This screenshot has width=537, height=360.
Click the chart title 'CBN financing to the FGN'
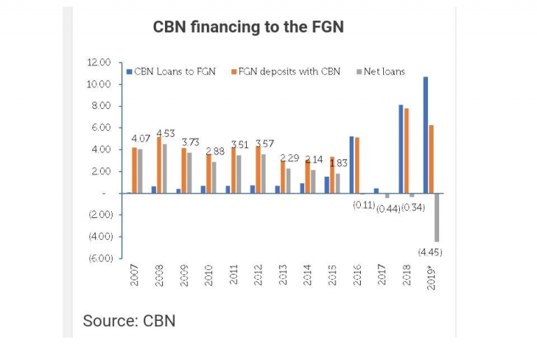tap(248, 27)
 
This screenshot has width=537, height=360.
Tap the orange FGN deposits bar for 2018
tap(406, 150)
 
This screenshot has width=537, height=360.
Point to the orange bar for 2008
tap(159, 165)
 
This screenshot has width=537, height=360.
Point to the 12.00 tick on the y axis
tap(99, 62)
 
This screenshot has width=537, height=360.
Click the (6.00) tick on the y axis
tap(99, 258)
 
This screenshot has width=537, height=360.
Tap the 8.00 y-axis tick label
tap(101, 106)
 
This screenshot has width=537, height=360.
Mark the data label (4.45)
tap(430, 252)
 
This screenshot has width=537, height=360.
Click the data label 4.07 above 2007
tap(141, 138)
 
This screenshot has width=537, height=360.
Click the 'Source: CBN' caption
tap(129, 321)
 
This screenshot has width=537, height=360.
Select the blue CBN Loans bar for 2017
tap(375, 190)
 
